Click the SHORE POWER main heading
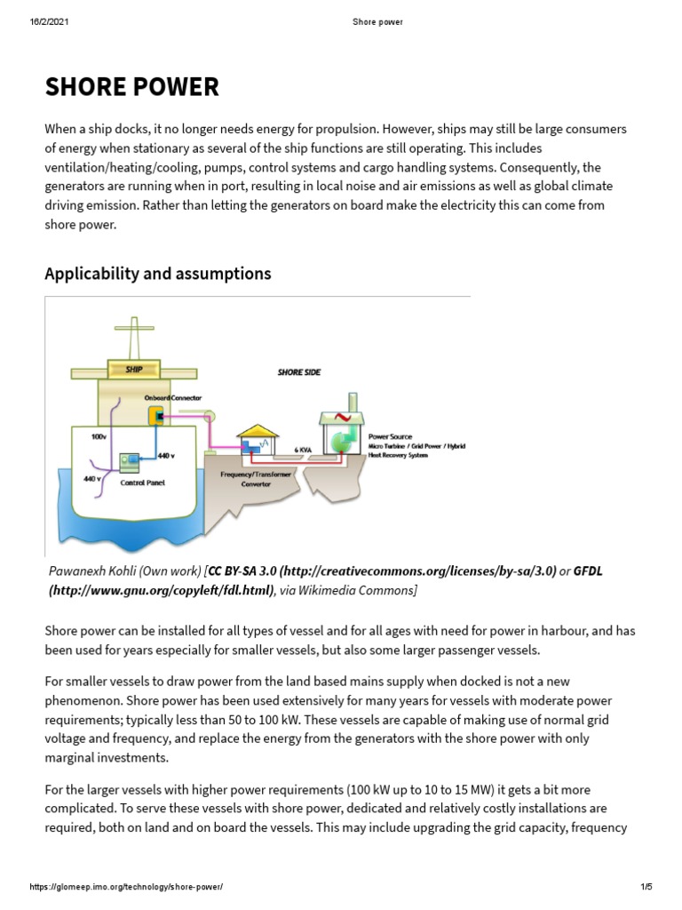pyautogui.click(x=131, y=87)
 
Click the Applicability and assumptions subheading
pyautogui.click(x=157, y=274)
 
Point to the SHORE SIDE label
pyautogui.click(x=299, y=372)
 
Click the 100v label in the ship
pyautogui.click(x=99, y=436)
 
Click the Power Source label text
pyautogui.click(x=391, y=437)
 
